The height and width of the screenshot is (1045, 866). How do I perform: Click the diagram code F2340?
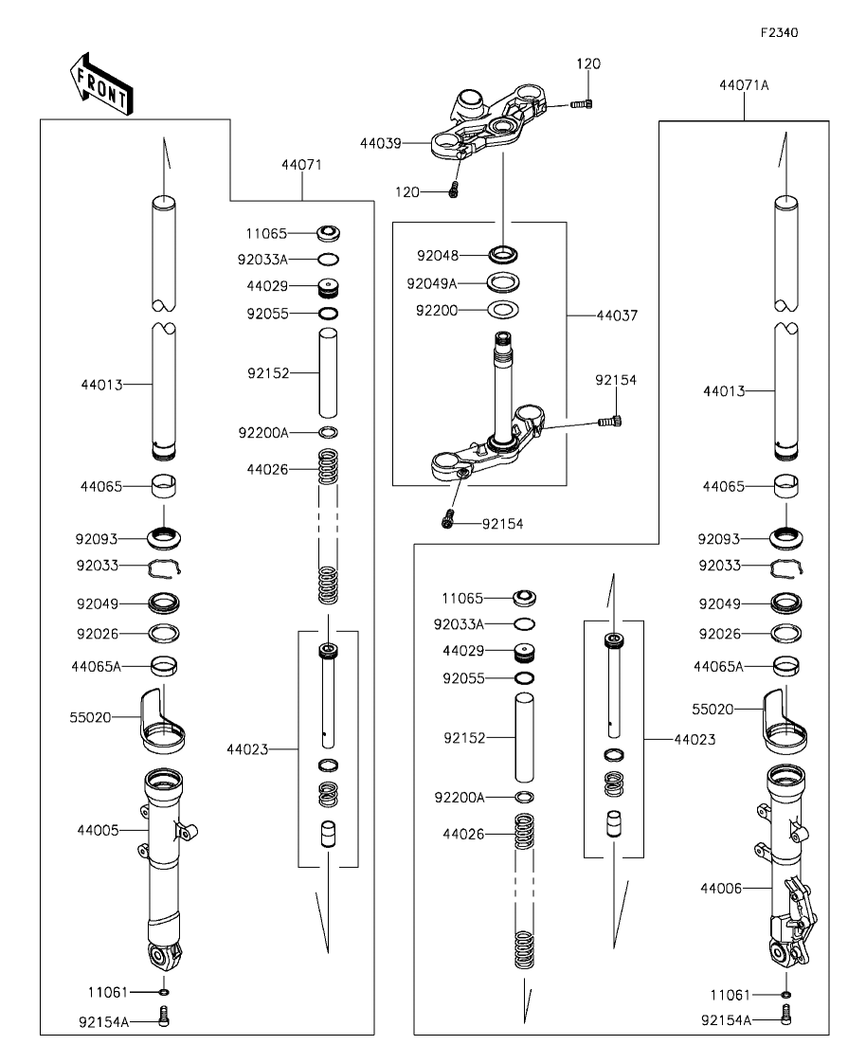(x=779, y=32)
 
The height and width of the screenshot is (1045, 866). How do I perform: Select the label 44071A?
(x=744, y=84)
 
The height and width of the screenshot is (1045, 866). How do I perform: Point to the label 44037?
(x=616, y=314)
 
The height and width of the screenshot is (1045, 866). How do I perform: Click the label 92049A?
(x=432, y=282)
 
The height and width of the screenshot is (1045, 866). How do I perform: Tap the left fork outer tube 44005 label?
(x=98, y=830)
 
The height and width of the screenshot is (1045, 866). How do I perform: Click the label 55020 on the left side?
(x=91, y=717)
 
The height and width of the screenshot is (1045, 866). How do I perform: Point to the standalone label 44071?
(x=301, y=164)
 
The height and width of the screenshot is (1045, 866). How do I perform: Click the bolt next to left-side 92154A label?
(x=164, y=1019)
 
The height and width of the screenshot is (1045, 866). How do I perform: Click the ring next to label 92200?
(x=502, y=309)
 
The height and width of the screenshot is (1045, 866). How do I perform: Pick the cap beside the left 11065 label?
(x=331, y=232)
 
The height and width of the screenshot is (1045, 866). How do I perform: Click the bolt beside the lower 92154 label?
(x=447, y=520)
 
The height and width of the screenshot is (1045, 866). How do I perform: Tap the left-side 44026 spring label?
(x=265, y=469)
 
